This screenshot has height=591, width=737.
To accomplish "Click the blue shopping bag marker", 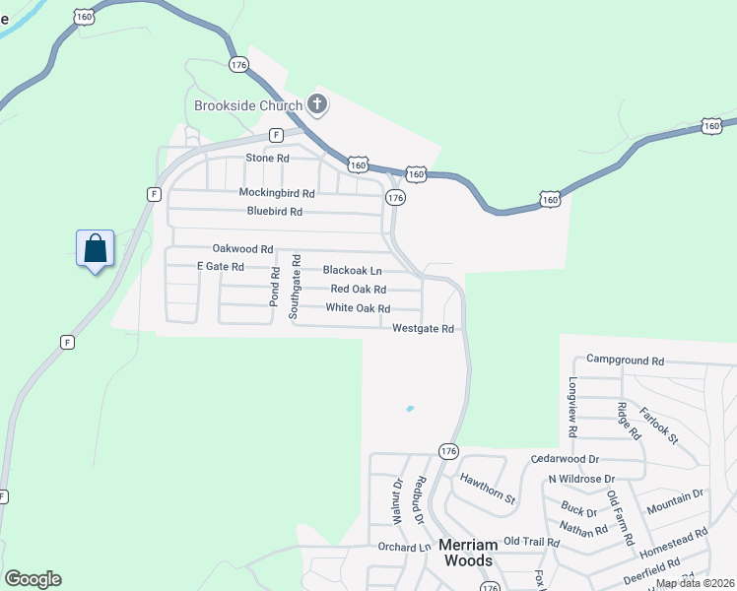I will [96, 249].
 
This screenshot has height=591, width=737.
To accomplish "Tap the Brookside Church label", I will [248, 105].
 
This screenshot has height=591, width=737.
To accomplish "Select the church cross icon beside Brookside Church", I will [316, 103].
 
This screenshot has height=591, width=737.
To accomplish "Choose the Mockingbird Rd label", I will [277, 193].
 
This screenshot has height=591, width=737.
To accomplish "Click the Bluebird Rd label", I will [275, 212].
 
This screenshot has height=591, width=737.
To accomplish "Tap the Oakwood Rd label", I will [242, 249].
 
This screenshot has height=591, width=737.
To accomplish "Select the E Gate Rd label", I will [220, 267].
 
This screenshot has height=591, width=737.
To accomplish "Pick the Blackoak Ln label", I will [352, 270].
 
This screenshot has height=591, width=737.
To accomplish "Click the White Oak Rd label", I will [358, 308].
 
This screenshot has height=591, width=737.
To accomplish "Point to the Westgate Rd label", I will [423, 329].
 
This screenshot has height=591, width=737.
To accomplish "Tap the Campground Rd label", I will [626, 361].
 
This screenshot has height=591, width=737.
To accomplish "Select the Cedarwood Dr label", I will [565, 459].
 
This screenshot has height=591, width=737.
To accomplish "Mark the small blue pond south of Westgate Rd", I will [409, 409].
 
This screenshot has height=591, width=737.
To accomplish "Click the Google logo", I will [33, 579].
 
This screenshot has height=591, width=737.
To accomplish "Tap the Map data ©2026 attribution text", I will [695, 583].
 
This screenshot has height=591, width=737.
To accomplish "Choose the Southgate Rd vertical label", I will [294, 285].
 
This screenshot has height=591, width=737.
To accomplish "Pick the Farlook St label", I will [658, 425].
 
